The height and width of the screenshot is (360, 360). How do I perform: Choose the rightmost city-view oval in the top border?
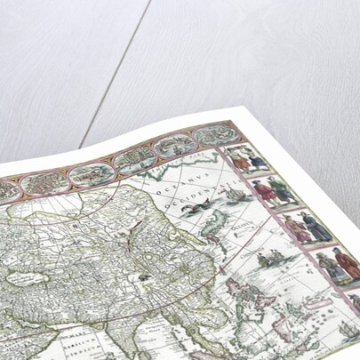[x=214, y=135]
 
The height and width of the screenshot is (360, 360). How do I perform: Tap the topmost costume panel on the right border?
[x=243, y=160]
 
